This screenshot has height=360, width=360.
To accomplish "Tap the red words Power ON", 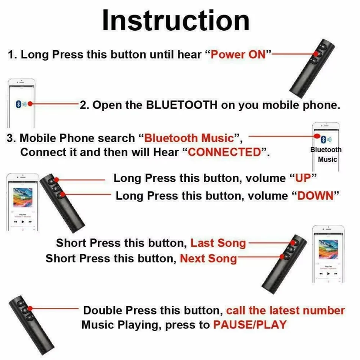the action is tap(238, 55).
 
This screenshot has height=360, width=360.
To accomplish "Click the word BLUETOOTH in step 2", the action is tap(182, 105).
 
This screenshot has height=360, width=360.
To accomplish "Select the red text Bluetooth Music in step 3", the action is tap(189, 138).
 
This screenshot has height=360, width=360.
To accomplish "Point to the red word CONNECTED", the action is tap(225, 152).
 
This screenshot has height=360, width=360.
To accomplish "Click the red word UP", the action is tap(303, 178).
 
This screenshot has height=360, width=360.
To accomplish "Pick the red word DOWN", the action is tap(315, 196).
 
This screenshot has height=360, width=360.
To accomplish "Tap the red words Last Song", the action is tap(218, 243).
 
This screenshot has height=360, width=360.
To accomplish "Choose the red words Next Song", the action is tap(208, 258).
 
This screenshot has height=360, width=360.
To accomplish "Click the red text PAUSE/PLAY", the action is tap(250, 325).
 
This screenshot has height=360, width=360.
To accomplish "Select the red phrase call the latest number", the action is tap(285, 310).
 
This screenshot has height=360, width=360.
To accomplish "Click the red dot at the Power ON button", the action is tap(316, 54).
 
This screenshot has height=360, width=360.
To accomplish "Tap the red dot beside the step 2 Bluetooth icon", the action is tap(30, 104).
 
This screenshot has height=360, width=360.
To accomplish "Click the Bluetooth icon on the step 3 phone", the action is tap(323, 139).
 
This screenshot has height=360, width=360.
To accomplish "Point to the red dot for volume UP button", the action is tap(56, 180).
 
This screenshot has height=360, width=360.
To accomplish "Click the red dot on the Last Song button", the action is tap(293, 243).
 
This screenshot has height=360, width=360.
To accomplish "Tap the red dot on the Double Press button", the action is tap(30, 308).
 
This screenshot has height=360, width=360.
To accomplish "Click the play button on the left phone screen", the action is tap(23, 222).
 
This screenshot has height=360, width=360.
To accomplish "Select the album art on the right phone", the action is tap(328, 249).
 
